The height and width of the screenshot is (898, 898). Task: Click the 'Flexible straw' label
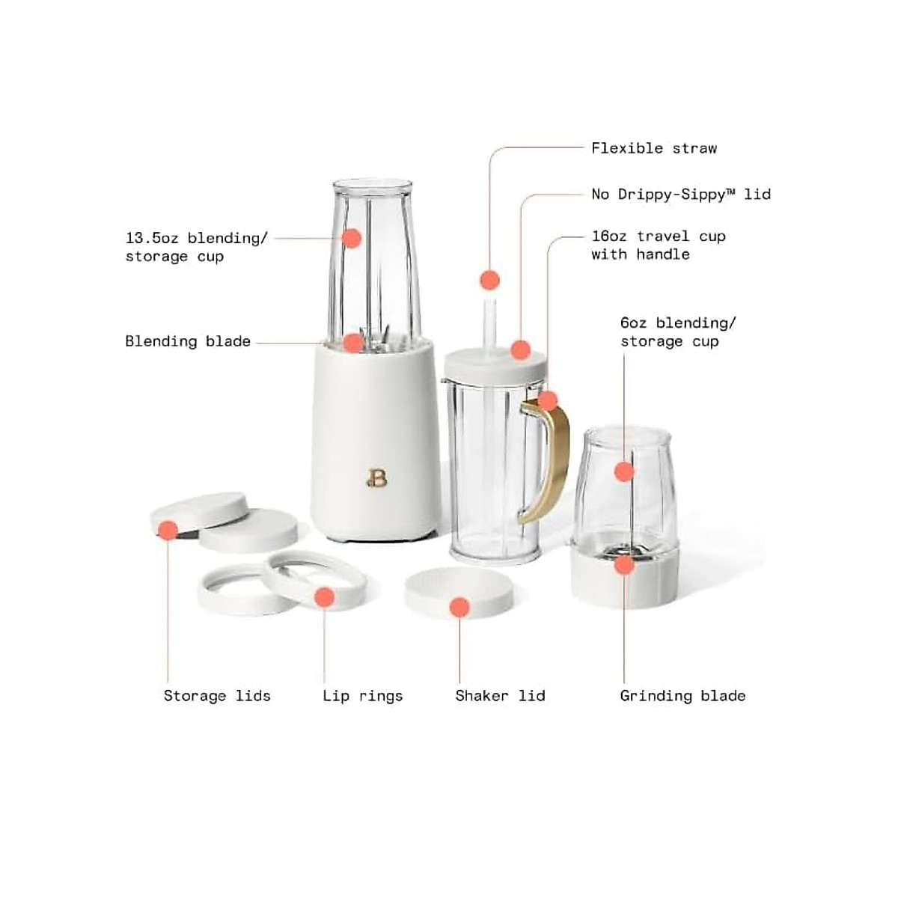pos(653,148)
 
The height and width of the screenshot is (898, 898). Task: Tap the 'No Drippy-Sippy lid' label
pos(680,195)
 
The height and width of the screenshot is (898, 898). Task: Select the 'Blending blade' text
pos(188,341)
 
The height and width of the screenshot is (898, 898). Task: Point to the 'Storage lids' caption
pos(217,696)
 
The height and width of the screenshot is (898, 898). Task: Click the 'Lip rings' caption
pos(362,696)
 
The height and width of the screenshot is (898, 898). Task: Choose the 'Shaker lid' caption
pos(500,696)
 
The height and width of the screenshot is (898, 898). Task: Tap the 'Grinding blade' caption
pos(682,696)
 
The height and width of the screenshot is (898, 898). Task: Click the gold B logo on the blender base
pos(376,477)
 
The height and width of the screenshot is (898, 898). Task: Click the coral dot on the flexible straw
pos(489,281)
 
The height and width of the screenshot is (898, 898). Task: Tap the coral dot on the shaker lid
pos(459,607)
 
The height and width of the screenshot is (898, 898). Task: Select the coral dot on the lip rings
pos(324,596)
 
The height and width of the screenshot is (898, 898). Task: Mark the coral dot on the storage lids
pos(168,531)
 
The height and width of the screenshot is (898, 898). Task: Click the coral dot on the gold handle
pos(548,401)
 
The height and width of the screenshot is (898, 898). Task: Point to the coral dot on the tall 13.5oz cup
pos(352,238)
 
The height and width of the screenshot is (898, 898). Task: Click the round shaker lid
pos(459,587)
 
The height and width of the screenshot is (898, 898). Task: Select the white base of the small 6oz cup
pos(624,580)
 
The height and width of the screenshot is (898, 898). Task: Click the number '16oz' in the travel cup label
pos(608,236)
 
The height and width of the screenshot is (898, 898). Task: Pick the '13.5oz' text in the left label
pos(152,238)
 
